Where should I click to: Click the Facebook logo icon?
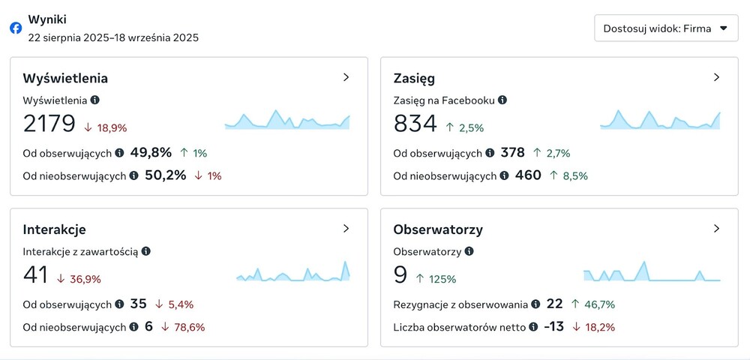click(16, 28)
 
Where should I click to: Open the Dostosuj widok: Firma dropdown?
click(666, 28)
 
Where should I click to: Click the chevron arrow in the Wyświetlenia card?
click(346, 77)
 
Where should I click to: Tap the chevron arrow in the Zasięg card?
click(716, 77)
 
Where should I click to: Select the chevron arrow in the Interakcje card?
click(346, 229)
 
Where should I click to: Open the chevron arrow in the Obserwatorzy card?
click(716, 229)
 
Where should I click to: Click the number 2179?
click(49, 124)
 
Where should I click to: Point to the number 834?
click(415, 124)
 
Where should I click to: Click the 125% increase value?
click(442, 279)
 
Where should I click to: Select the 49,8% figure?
click(151, 153)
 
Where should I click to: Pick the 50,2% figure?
click(165, 175)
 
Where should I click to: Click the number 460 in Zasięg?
click(528, 175)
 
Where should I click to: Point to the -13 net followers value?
click(554, 327)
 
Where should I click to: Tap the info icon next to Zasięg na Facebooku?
click(502, 100)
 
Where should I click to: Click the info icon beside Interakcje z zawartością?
click(145, 251)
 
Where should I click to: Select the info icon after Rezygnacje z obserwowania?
click(535, 304)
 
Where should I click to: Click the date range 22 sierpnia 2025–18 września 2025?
click(113, 37)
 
